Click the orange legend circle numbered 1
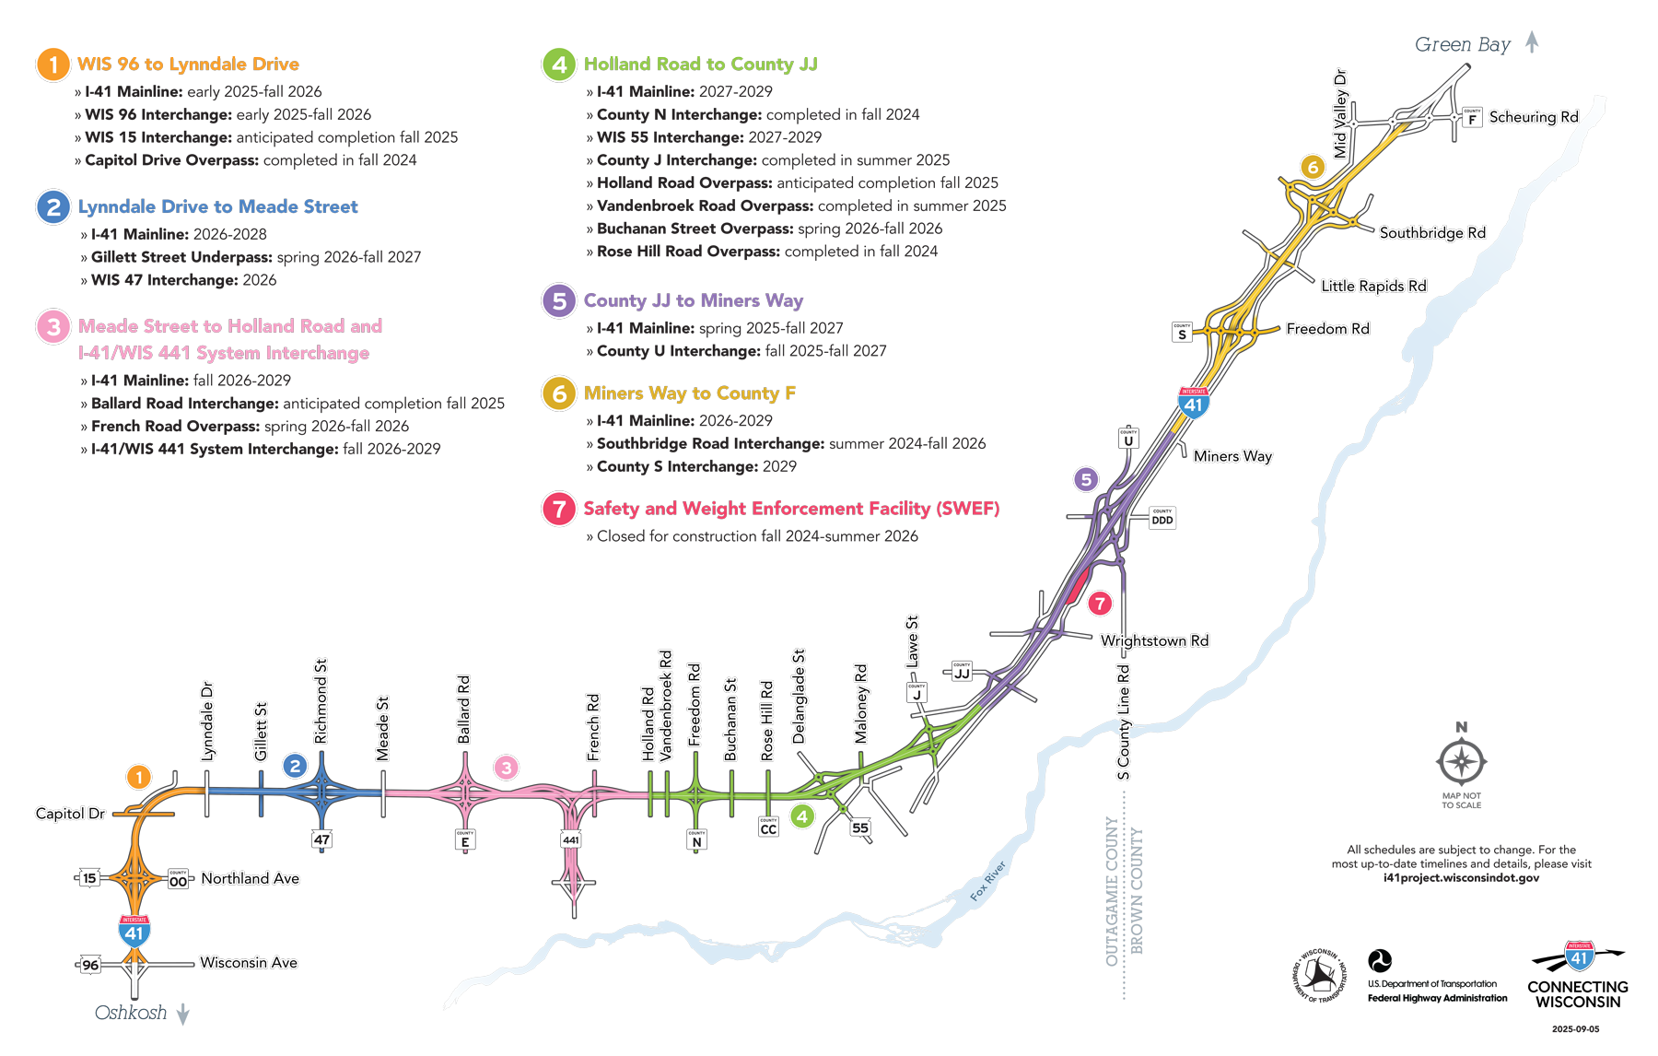tap(53, 65)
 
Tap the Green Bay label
tap(1462, 44)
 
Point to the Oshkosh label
tap(131, 1013)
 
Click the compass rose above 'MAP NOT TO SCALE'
tap(1461, 762)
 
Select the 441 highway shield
tap(571, 839)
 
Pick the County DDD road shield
tap(1162, 518)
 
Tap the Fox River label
tap(987, 881)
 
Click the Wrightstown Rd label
tap(1154, 640)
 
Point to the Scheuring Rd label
tap(1534, 117)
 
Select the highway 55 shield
tap(860, 827)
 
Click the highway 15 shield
tap(89, 878)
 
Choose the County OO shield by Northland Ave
tap(178, 880)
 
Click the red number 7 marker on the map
tap(1100, 604)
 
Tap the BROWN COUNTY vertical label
tap(1137, 891)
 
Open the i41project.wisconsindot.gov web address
tap(1461, 878)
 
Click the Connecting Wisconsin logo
tap(1577, 977)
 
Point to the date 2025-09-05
tap(1575, 1029)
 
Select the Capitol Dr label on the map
tap(70, 814)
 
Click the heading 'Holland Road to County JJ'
tap(700, 65)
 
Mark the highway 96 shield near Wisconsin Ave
tap(90, 965)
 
